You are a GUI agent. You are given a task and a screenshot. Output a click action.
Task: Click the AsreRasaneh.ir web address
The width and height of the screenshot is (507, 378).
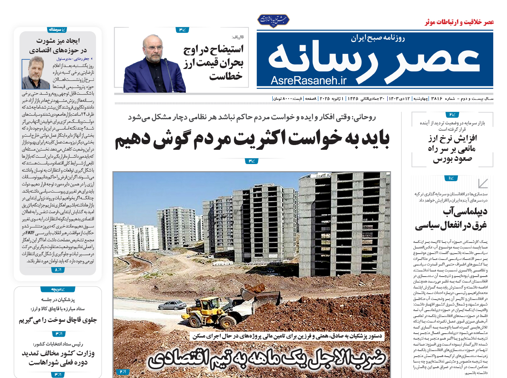[308, 80]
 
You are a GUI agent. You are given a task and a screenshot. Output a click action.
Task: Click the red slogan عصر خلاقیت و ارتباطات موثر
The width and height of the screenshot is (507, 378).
[459, 22]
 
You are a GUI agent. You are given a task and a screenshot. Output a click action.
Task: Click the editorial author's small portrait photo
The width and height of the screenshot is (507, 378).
[36, 73]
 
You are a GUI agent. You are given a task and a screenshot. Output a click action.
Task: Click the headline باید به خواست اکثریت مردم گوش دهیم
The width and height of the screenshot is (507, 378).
[252, 139]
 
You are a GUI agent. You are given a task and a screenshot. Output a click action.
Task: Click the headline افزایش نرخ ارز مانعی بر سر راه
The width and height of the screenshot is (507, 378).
[452, 149]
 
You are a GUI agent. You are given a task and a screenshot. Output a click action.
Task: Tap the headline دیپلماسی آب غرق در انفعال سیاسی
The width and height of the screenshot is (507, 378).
[451, 218]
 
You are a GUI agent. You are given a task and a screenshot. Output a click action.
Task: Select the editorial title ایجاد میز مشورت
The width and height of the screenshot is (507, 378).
[58, 46]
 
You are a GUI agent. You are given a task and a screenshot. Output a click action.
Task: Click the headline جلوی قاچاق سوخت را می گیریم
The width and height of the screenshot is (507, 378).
[58, 320]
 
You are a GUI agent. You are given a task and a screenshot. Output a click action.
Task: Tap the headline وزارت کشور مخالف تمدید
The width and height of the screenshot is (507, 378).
[58, 357]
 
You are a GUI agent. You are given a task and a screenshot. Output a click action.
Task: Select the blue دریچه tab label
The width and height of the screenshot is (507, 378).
[58, 289]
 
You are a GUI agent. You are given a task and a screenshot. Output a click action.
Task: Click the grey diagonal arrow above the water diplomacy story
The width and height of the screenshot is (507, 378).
[482, 183]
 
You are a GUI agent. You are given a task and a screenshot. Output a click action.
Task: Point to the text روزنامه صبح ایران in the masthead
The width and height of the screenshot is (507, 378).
[377, 38]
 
